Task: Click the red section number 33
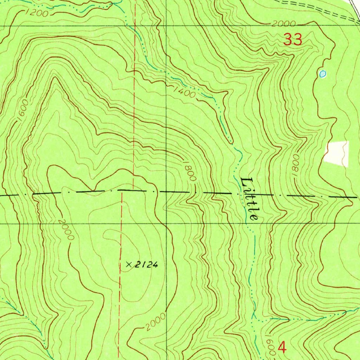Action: [x=293, y=39]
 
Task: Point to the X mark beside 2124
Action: [x=129, y=265]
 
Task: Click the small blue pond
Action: [x=322, y=73]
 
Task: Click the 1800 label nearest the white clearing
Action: [x=295, y=162]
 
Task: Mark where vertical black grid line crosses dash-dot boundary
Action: [x=166, y=192]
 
